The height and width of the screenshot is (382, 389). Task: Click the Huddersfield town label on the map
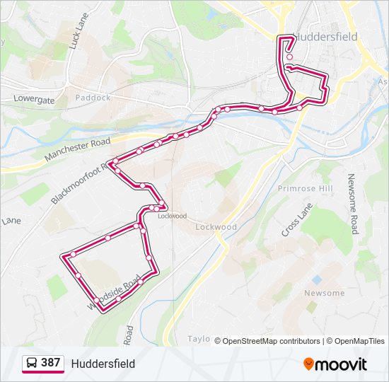(x=325, y=36)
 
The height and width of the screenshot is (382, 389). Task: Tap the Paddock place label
(x=93, y=98)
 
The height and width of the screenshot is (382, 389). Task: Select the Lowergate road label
(x=33, y=100)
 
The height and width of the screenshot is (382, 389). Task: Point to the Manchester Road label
(x=77, y=150)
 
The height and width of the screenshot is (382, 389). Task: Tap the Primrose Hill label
(x=305, y=189)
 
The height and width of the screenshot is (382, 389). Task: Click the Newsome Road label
(x=354, y=204)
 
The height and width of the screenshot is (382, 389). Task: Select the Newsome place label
(x=324, y=293)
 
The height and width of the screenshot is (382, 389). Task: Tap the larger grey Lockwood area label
(x=216, y=227)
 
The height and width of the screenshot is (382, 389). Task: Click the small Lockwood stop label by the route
(x=172, y=216)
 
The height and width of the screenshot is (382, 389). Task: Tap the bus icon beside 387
(x=32, y=363)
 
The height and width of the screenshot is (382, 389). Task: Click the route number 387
(x=51, y=363)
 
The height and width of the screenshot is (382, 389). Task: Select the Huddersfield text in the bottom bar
(x=103, y=364)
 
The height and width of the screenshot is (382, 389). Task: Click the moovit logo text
(x=341, y=364)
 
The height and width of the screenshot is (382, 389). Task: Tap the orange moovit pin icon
(x=308, y=364)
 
